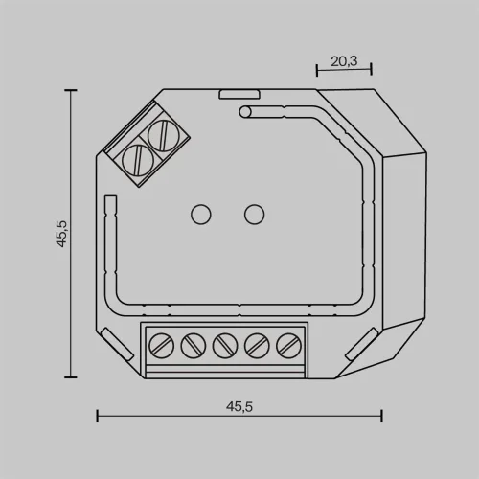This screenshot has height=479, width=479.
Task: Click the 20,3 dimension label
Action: [344, 60]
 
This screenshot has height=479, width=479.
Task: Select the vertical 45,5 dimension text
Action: [61, 234]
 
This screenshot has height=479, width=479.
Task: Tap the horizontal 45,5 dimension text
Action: [239, 405]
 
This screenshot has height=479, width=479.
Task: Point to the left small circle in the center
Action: [201, 214]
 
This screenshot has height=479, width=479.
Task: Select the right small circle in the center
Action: [254, 214]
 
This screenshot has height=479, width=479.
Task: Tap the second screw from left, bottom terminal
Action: [194, 343]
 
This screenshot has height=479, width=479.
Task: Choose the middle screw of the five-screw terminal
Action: [225, 343]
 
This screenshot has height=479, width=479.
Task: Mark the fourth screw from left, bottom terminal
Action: [256, 343]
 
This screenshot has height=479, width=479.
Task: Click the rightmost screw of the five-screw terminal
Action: [286, 343]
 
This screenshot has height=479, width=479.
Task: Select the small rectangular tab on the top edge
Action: [239, 94]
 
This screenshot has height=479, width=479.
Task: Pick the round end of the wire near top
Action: [244, 113]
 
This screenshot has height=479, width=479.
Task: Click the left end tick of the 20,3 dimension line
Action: [316, 70]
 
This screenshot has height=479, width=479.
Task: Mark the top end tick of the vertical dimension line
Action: [69, 90]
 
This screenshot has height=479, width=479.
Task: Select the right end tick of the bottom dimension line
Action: [381, 416]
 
